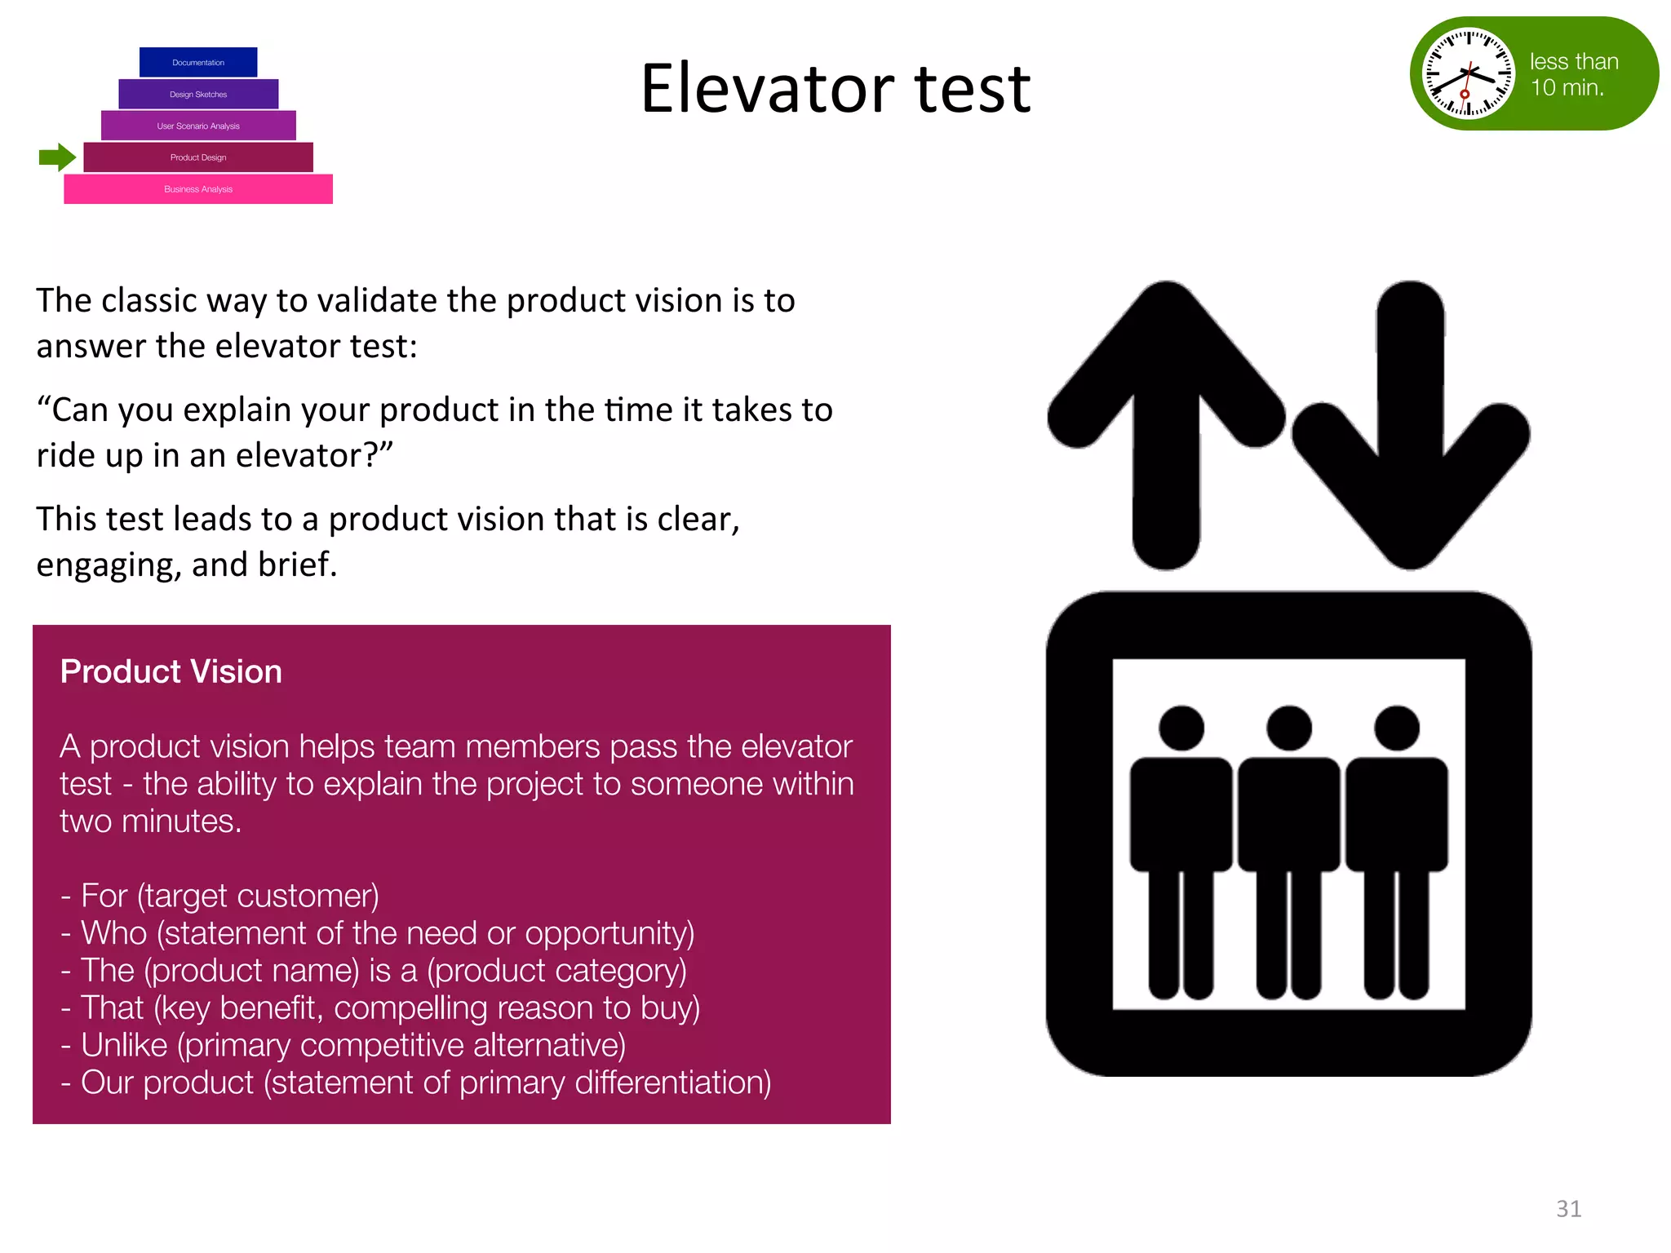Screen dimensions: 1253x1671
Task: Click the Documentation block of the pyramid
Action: coord(198,63)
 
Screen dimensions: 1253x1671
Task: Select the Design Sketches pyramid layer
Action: coord(198,95)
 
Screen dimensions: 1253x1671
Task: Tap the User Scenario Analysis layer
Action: coord(198,126)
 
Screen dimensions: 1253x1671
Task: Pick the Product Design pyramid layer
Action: coord(198,157)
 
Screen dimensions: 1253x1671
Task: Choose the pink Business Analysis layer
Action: coord(198,189)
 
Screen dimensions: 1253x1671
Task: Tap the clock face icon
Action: coord(1468,73)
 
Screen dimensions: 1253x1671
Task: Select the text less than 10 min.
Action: coord(1572,74)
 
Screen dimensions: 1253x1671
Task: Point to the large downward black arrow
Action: coord(1411,424)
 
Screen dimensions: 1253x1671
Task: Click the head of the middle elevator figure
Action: coord(1288,728)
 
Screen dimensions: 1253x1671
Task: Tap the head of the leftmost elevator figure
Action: coord(1181,728)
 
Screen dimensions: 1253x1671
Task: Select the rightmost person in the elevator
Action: coord(1396,848)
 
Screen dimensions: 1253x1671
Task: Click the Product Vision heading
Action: coord(171,671)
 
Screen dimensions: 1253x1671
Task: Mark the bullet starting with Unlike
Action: coord(343,1045)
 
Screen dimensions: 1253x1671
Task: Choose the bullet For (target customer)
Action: coord(220,896)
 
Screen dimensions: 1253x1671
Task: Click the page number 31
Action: coord(1568,1208)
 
